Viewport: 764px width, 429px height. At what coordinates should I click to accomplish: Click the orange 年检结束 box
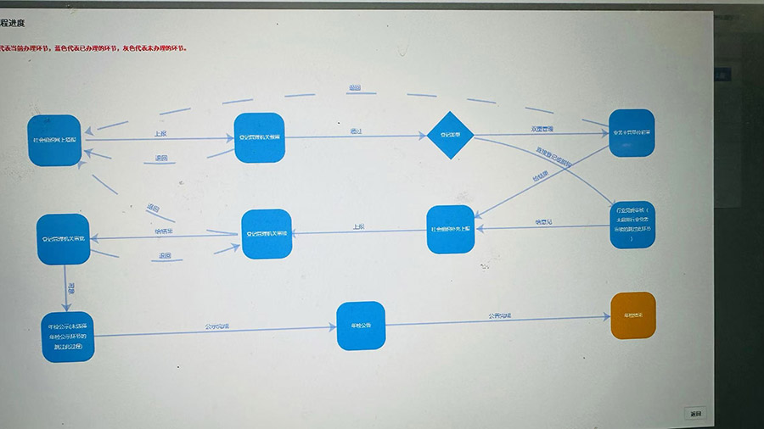(633, 315)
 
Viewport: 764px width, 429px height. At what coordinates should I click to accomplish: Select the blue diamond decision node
(448, 134)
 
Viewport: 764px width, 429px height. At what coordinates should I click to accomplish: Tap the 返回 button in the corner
(695, 414)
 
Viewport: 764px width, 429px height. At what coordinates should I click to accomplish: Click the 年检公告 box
(361, 326)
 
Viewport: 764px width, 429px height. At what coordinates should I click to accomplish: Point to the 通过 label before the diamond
(356, 131)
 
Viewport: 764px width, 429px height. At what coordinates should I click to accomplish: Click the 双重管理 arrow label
(542, 129)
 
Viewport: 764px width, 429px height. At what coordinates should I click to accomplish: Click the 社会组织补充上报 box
(450, 229)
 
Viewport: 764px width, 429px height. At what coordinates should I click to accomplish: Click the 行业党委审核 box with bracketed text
(633, 225)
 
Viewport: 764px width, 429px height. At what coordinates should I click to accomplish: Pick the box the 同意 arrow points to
(67, 337)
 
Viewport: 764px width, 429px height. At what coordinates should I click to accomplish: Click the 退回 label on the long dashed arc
(354, 87)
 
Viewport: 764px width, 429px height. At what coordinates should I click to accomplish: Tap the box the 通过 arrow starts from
(259, 137)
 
